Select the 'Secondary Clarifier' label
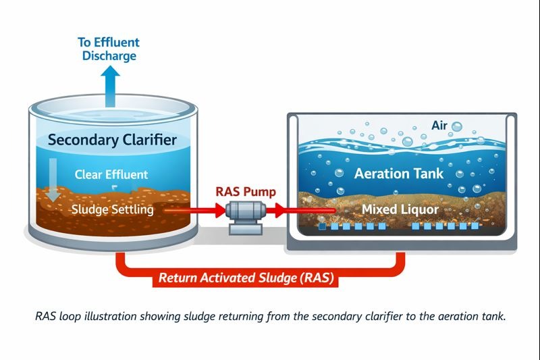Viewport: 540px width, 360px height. click(x=112, y=140)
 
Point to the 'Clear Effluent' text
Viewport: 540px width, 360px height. click(x=111, y=175)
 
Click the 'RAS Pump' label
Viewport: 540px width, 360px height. click(x=246, y=191)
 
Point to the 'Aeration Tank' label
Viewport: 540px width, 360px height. click(x=399, y=173)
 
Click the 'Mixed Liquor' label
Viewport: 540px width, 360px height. click(x=400, y=210)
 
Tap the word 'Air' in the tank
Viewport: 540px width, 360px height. click(x=439, y=126)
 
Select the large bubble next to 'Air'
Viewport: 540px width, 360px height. click(x=457, y=126)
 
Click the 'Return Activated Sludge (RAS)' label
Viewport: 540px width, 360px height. click(x=246, y=277)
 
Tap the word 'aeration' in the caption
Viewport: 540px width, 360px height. click(x=451, y=316)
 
